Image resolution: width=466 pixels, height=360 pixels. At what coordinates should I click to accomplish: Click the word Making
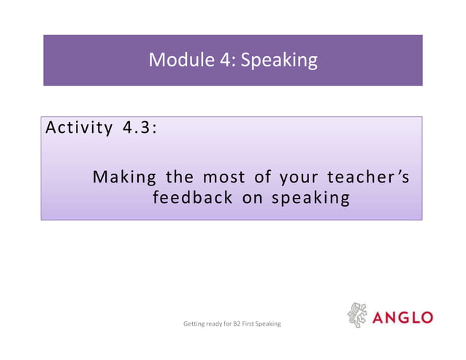pos(126,177)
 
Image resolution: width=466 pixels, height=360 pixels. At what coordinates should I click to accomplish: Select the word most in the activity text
pos(224,177)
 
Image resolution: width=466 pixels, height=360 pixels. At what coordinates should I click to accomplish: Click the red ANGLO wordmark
pos(402,318)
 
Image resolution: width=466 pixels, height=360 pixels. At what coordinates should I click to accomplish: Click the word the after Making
pos(180,177)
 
